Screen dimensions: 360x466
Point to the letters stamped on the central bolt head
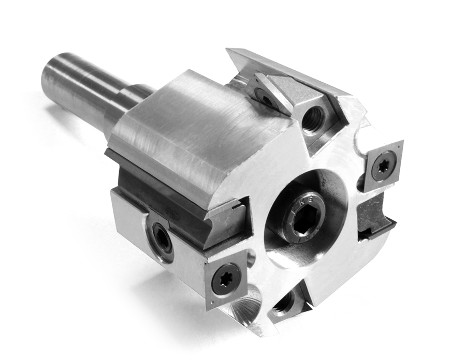click(301, 199)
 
